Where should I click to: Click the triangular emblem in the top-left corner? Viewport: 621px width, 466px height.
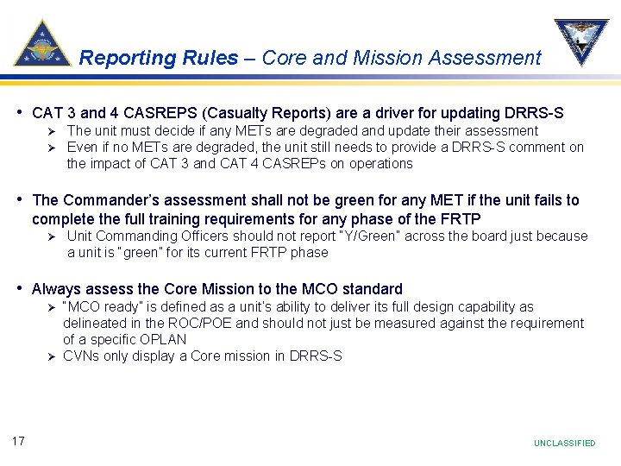click(x=42, y=43)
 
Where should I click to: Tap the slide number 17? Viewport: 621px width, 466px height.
click(x=18, y=442)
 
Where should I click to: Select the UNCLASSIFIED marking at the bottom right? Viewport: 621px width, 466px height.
click(x=564, y=443)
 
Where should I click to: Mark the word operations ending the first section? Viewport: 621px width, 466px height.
click(x=380, y=163)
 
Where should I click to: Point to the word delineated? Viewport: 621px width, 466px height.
click(x=96, y=324)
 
